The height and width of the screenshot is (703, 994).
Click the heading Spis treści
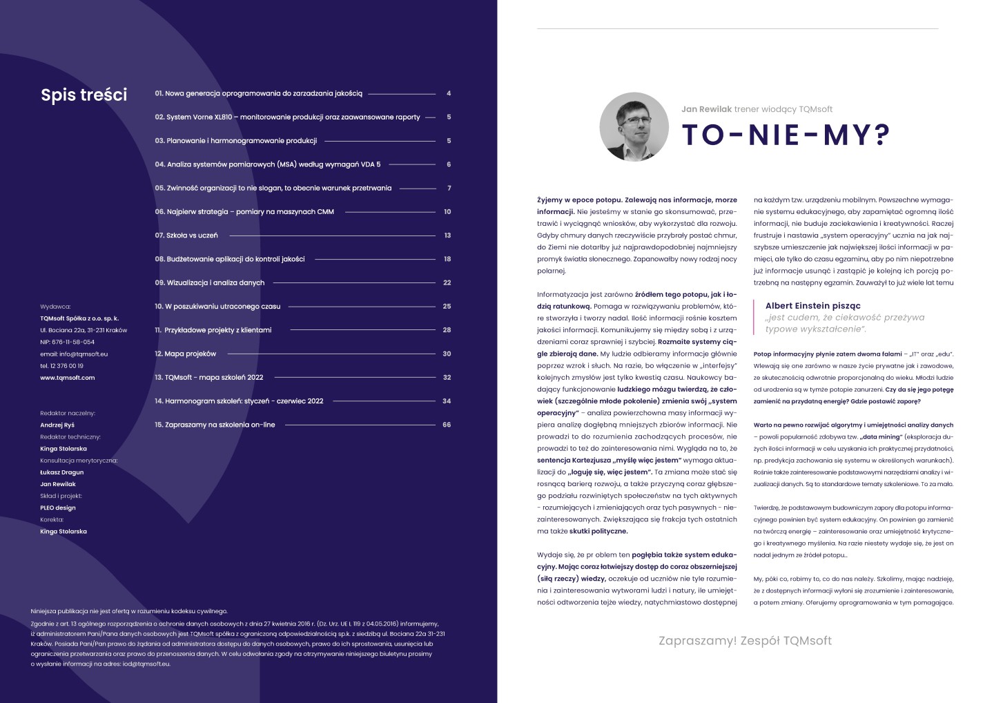pyautogui.click(x=84, y=95)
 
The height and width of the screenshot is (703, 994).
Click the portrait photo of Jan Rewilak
pyautogui.click(x=634, y=126)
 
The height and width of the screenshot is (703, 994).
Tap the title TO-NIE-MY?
pyautogui.click(x=786, y=135)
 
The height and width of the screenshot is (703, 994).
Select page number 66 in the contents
pyautogui.click(x=447, y=425)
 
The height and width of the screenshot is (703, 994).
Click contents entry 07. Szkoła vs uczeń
pyautogui.click(x=186, y=235)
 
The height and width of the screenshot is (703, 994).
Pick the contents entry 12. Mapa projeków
pyautogui.click(x=185, y=354)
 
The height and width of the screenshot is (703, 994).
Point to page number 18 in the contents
pyautogui.click(x=447, y=259)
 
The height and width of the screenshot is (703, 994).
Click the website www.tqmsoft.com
pyautogui.click(x=67, y=378)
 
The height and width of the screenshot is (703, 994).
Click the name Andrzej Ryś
pyautogui.click(x=57, y=425)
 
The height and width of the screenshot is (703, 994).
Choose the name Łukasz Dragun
pyautogui.click(x=61, y=472)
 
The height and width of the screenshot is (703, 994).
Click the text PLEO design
pyautogui.click(x=58, y=508)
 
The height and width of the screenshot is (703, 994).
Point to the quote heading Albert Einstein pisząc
pyautogui.click(x=812, y=306)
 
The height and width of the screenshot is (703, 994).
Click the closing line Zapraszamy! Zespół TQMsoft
pyautogui.click(x=745, y=641)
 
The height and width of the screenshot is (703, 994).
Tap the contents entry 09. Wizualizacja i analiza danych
pyautogui.click(x=209, y=282)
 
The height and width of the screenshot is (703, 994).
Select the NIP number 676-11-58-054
pyautogui.click(x=67, y=342)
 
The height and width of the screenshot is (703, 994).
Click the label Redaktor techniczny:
pyautogui.click(x=70, y=436)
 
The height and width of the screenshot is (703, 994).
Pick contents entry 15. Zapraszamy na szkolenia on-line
pyautogui.click(x=215, y=425)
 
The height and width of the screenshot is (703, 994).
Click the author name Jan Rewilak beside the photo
pyautogui.click(x=706, y=109)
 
